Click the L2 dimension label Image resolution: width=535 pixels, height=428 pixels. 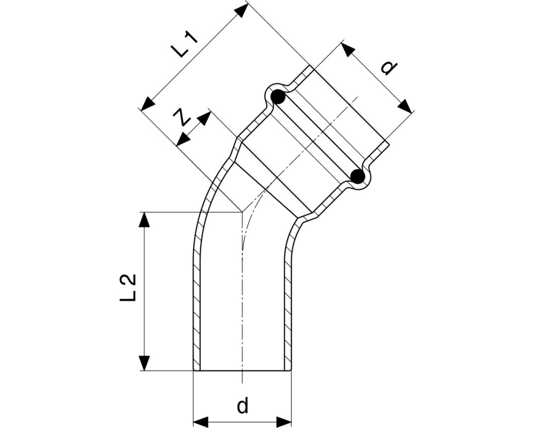[128, 287]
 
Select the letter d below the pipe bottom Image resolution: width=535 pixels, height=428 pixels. [242, 406]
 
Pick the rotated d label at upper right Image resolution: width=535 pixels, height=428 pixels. [388, 68]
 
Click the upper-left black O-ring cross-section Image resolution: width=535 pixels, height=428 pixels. [278, 97]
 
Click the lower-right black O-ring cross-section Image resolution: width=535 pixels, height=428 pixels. [358, 176]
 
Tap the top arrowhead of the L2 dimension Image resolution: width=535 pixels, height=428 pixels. [144, 219]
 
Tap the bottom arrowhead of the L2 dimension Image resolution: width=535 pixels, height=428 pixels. [144, 363]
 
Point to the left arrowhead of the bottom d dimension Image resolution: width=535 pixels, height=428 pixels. [201, 422]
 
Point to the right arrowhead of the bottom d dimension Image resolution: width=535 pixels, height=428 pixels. [284, 422]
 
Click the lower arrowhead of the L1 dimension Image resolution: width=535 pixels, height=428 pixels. [148, 103]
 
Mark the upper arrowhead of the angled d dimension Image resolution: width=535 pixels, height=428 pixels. [348, 50]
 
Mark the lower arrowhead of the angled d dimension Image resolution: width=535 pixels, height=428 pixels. [404, 106]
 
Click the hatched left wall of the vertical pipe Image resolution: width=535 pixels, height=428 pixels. [196, 290]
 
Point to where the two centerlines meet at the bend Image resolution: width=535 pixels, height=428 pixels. [242, 212]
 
